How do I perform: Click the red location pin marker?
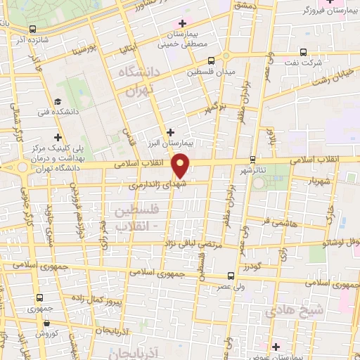pos(181,165)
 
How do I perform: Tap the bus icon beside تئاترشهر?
pos(254,160)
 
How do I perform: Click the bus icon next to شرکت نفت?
pos(303,52)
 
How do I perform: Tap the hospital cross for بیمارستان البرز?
pos(170,131)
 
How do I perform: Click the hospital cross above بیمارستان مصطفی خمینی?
pos(183,22)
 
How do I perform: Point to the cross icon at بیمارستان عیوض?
pos(277,347)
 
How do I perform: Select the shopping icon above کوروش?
pos(46,323)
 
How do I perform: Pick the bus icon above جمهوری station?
pos(33,296)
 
